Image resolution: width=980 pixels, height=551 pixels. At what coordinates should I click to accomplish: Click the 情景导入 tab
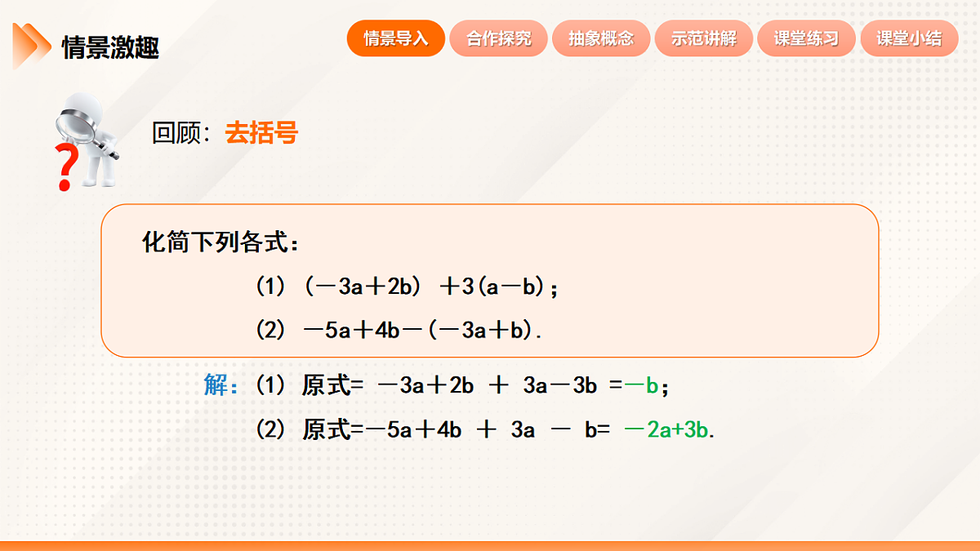396,38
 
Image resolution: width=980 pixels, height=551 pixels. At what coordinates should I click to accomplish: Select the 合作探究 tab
499,38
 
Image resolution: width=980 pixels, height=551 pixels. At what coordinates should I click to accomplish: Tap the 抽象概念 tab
601,38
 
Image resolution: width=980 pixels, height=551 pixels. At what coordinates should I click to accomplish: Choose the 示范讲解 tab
704,38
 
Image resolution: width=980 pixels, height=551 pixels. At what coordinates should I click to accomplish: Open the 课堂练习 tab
806,38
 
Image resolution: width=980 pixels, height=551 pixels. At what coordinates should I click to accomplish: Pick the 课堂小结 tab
909,38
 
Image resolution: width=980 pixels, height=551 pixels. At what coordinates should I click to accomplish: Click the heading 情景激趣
110,48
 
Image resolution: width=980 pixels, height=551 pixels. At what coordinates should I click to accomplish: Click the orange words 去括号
261,133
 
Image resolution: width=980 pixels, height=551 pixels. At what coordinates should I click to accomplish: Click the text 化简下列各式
220,242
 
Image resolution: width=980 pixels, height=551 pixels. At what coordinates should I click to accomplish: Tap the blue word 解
217,385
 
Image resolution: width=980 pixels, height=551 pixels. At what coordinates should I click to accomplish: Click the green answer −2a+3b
666,429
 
